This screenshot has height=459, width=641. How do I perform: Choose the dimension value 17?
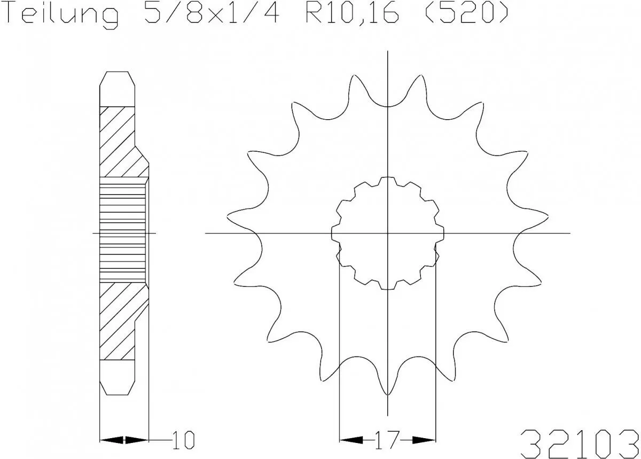click(x=387, y=440)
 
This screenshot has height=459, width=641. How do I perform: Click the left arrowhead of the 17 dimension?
click(x=350, y=440)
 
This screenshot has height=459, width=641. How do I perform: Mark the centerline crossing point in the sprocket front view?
click(x=388, y=234)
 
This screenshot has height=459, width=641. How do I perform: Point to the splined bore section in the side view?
click(x=123, y=232)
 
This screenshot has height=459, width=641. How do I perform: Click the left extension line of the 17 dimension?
click(x=340, y=347)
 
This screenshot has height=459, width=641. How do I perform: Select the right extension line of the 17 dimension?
click(x=436, y=347)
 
